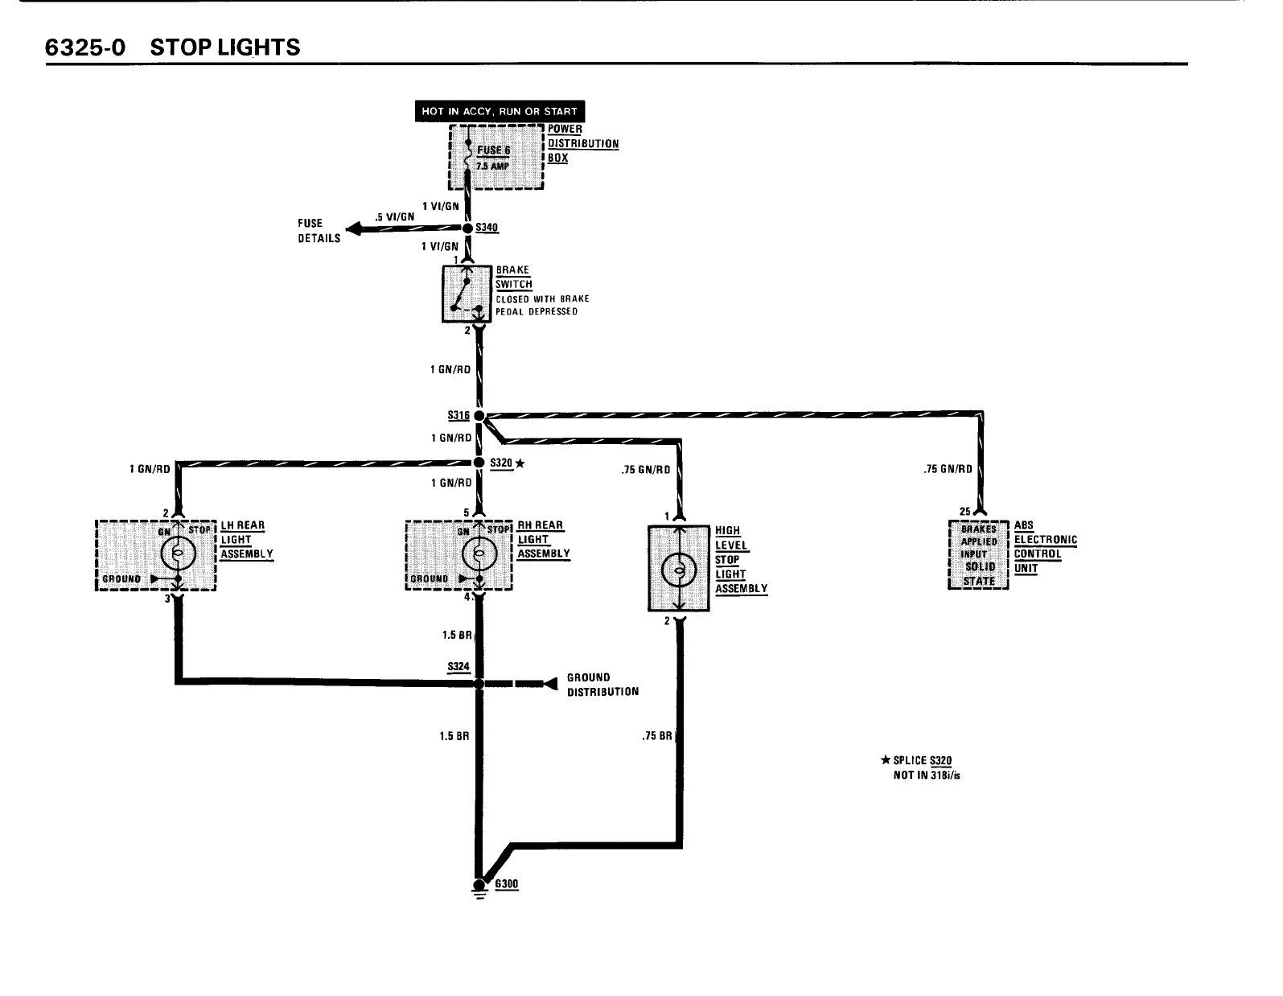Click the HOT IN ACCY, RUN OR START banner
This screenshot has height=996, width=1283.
pos(500,111)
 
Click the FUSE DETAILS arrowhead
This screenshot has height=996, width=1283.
pos(352,230)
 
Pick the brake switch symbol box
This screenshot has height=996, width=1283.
pos(467,294)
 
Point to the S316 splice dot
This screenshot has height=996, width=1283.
pos(479,416)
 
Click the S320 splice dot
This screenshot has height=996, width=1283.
pos(479,463)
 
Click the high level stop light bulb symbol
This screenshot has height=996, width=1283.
pos(678,570)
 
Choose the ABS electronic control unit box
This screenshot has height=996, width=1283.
pos(979,554)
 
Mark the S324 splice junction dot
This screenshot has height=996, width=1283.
pos(479,684)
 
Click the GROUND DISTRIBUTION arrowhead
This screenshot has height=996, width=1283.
pos(550,684)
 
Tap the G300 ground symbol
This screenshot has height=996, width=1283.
pos(480,887)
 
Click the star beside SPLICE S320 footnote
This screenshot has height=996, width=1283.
pos(886,760)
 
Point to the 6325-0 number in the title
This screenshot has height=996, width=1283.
pos(84,47)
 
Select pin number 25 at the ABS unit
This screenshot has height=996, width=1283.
pos(965,510)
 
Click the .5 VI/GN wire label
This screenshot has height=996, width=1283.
pos(395,216)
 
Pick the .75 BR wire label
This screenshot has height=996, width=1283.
pos(658,736)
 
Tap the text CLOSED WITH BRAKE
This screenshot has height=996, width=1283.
pos(542,298)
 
